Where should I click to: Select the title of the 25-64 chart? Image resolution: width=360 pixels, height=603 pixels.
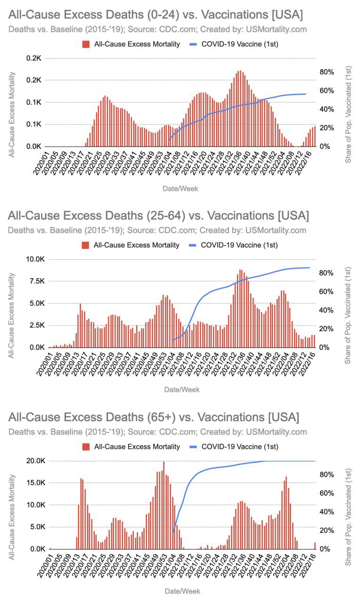pos(158,216)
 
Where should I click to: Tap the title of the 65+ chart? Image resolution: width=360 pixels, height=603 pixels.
pos(154,417)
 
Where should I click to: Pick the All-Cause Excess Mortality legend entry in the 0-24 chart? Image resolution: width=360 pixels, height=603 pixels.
pos(131,44)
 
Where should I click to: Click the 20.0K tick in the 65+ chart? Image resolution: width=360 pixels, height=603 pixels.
pos(34,461)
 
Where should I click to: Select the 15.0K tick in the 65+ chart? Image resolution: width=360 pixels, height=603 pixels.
pos(34,483)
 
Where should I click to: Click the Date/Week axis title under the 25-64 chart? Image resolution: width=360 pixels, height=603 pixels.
pos(181,390)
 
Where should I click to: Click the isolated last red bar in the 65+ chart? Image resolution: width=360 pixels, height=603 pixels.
pos(315,546)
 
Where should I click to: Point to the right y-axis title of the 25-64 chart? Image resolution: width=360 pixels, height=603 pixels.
pos(348,314)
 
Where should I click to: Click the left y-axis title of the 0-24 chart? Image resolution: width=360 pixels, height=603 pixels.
pos(13,114)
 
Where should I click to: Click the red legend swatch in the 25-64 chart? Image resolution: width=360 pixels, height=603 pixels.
pos(85,245)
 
